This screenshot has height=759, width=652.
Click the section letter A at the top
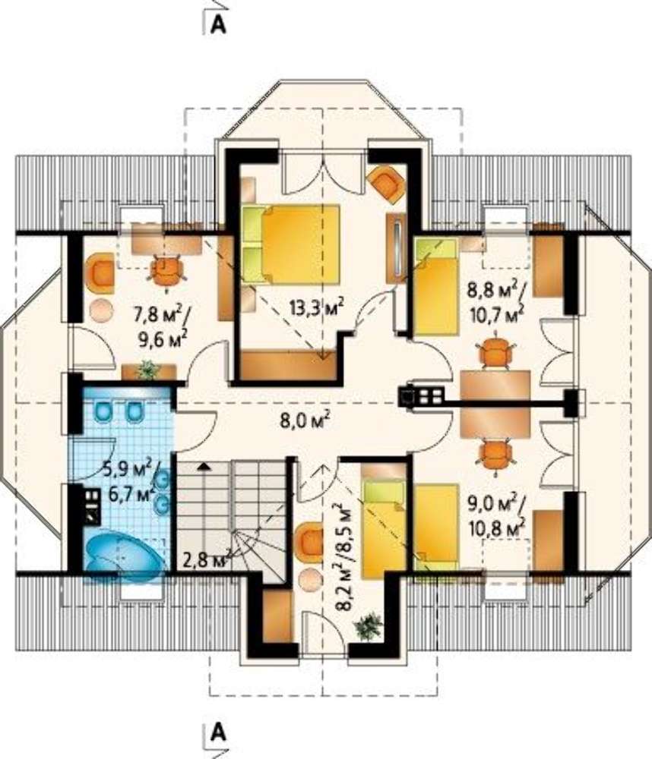[x=219, y=25]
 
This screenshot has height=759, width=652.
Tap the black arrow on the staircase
[x=204, y=467]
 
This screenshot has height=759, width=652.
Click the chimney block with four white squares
[x=421, y=396]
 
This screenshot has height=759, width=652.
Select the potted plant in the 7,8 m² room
[x=148, y=370]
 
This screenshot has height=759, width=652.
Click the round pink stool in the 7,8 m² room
[x=101, y=308]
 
